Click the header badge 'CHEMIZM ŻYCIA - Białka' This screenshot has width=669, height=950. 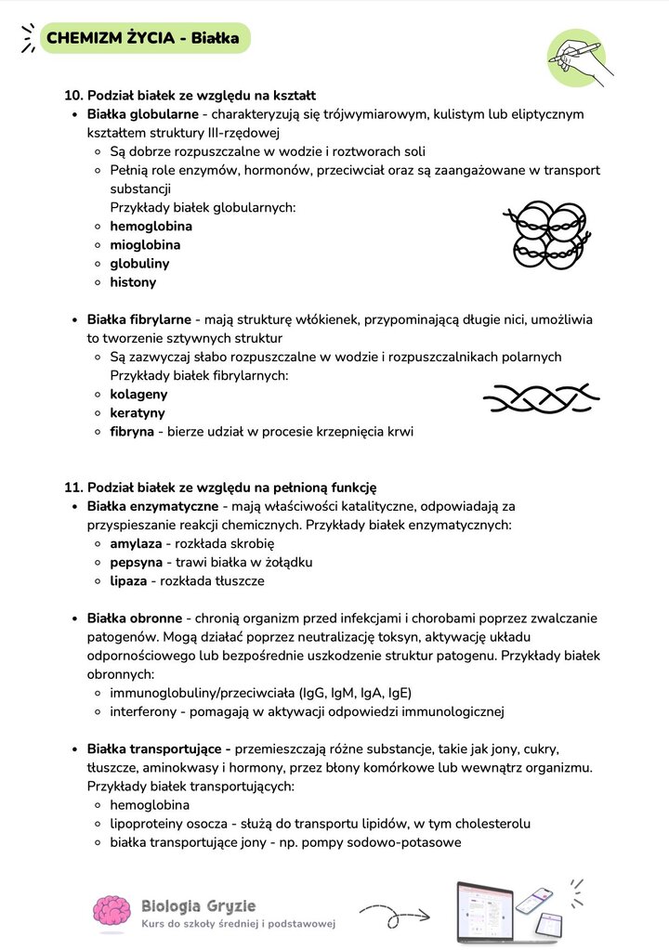[x=142, y=38]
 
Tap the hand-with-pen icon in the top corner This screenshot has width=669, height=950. [x=578, y=59]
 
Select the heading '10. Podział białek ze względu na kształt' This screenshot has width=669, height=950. [x=190, y=95]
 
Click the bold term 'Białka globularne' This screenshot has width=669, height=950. [x=142, y=114]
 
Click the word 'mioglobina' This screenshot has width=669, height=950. [x=145, y=245]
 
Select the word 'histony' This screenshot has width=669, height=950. [x=133, y=282]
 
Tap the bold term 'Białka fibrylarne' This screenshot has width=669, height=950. [x=138, y=319]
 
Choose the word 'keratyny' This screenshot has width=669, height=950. [x=138, y=412]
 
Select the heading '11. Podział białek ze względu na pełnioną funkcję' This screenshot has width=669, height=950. [x=219, y=488]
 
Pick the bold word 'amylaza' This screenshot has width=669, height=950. [x=135, y=543]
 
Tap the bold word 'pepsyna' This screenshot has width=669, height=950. [x=136, y=562]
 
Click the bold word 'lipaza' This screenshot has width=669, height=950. [x=128, y=580]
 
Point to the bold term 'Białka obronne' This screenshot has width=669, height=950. [x=134, y=618]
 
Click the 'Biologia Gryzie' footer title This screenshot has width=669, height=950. [x=198, y=905]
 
